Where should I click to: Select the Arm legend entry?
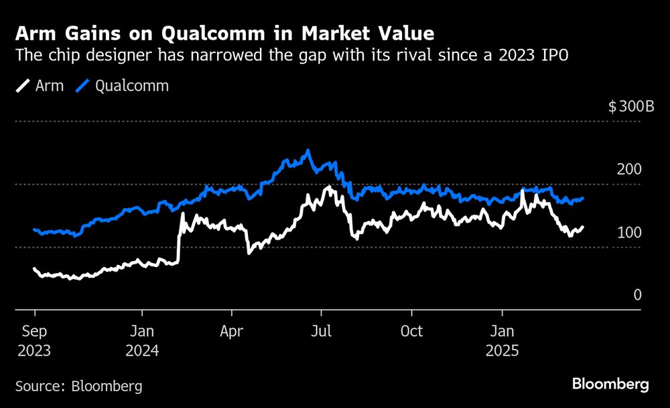[40, 86]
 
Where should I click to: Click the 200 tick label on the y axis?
[629, 170]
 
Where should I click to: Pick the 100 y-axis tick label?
[629, 233]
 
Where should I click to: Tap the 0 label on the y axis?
[638, 295]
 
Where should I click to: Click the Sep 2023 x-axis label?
[35, 340]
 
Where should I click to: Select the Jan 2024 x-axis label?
[142, 340]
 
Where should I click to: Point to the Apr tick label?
[232, 331]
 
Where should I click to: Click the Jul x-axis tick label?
[322, 331]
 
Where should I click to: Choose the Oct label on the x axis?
[412, 331]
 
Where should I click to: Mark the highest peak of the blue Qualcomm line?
[308, 150]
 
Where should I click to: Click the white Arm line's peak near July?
[328, 187]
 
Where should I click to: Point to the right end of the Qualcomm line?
[583, 198]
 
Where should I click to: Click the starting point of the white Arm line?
[34, 268]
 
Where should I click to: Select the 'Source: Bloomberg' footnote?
[78, 387]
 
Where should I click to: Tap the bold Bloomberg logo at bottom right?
[610, 385]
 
